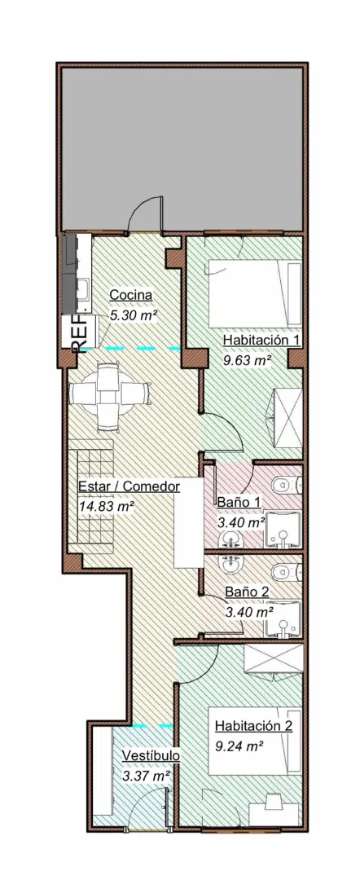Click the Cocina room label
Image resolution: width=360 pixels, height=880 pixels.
(x=131, y=295)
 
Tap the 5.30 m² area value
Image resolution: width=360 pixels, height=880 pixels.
(x=134, y=315)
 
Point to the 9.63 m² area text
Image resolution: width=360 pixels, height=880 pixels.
(x=247, y=359)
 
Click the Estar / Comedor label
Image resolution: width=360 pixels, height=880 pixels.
(x=129, y=486)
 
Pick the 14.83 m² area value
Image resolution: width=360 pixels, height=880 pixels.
(x=106, y=506)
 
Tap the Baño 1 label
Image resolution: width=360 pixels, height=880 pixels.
(x=239, y=502)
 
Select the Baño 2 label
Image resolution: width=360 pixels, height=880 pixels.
(x=248, y=592)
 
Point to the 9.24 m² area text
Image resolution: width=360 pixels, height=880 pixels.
(x=238, y=745)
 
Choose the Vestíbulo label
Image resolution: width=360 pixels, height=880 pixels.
(x=151, y=756)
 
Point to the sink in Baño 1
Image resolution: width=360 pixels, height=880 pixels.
(x=234, y=538)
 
